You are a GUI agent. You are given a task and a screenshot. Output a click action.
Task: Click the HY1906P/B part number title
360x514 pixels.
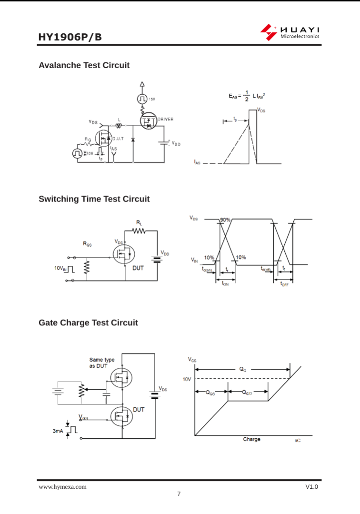[x=70, y=37]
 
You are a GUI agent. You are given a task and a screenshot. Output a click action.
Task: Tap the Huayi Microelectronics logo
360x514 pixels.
[x=290, y=32]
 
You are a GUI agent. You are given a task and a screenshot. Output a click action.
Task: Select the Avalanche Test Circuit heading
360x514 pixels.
[x=84, y=65]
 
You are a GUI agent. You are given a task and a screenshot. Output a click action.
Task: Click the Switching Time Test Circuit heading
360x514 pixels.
[x=94, y=199]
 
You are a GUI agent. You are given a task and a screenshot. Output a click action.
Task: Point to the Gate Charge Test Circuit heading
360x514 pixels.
[x=88, y=323]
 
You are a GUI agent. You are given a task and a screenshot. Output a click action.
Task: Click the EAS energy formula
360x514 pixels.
[x=247, y=96]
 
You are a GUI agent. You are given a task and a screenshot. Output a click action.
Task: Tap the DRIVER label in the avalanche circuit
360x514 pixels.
[x=166, y=119]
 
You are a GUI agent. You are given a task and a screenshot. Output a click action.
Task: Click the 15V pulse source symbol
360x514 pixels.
[x=142, y=99]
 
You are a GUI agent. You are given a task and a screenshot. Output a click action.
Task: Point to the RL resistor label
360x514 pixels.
[x=139, y=222]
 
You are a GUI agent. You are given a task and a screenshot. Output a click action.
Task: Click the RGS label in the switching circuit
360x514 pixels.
[x=87, y=244]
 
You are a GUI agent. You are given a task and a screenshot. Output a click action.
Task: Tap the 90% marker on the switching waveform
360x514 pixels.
[x=225, y=220]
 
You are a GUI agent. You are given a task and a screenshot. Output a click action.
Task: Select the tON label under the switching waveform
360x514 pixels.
[x=225, y=284]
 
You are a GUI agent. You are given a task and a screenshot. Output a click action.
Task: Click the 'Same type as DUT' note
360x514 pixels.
[x=102, y=363]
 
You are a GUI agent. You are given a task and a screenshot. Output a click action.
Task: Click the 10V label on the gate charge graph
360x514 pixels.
[x=187, y=379]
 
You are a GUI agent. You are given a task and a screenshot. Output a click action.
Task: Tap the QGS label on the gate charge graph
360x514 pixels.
[x=210, y=393]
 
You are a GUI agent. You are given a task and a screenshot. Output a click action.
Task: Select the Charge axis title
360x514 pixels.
[x=251, y=439]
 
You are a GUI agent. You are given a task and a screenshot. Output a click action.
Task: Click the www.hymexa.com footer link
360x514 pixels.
[x=62, y=487]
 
